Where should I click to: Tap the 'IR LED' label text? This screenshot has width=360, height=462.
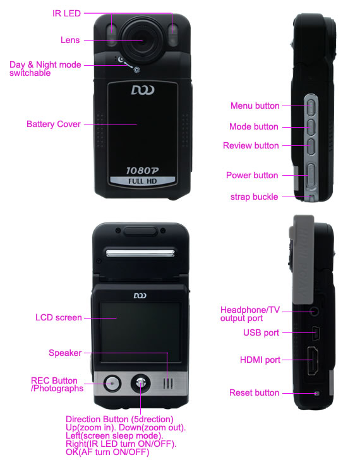tap(66, 13)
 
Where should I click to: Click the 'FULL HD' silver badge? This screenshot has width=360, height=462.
tap(143, 181)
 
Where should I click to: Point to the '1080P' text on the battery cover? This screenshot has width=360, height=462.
tap(143, 171)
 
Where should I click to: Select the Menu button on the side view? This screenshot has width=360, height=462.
tap(311, 106)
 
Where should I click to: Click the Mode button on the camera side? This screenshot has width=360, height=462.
tap(311, 126)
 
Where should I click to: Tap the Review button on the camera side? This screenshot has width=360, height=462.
tap(311, 146)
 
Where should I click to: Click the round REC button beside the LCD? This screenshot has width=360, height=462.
tap(112, 384)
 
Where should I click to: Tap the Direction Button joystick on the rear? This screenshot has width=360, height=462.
tap(140, 384)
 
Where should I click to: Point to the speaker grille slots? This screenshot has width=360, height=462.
tap(168, 384)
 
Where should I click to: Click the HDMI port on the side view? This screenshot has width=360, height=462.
tap(313, 361)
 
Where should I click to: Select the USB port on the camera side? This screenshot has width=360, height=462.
tap(316, 334)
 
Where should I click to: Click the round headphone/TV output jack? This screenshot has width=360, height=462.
tap(314, 311)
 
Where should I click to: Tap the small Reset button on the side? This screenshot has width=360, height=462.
tap(316, 393)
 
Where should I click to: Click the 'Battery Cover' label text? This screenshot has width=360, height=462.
tap(54, 124)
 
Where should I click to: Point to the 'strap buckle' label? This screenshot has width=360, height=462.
tap(254, 197)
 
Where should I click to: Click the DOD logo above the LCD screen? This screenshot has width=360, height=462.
tap(140, 296)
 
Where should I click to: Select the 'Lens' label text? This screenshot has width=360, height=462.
tap(70, 40)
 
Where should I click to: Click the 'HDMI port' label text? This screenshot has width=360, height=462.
tap(260, 360)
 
